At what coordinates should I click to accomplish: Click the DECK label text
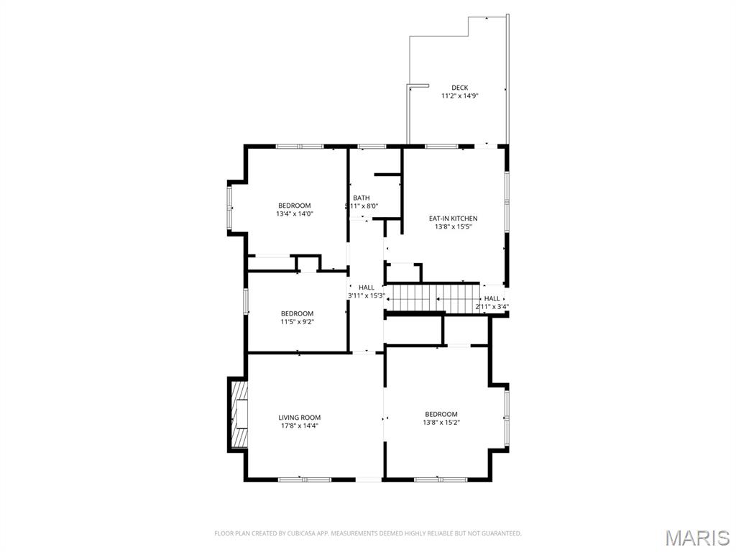click(x=460, y=88)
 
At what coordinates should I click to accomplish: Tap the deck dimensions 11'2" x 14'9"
click(x=460, y=96)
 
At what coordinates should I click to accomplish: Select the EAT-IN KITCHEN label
click(x=453, y=218)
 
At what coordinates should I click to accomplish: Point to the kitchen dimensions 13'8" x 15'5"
click(x=453, y=226)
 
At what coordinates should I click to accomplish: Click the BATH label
click(x=362, y=198)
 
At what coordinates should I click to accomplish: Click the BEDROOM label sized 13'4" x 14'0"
click(x=295, y=206)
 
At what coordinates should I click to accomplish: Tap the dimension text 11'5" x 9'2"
click(x=297, y=321)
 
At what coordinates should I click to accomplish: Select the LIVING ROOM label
click(x=300, y=418)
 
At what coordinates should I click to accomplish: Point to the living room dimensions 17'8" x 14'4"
click(x=300, y=425)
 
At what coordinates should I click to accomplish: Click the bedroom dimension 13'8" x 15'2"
click(x=441, y=422)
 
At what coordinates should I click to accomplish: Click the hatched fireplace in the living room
click(x=239, y=414)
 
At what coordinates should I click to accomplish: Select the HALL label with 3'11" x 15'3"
click(x=367, y=287)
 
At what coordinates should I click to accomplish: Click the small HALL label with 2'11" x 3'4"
click(x=492, y=298)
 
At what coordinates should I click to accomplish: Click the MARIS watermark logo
click(x=696, y=537)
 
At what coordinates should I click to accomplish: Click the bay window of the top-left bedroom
click(x=231, y=208)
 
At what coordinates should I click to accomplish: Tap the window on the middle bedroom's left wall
click(x=246, y=301)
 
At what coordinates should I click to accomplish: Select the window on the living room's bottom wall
click(x=304, y=479)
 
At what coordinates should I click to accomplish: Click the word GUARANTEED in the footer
click(x=501, y=533)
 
